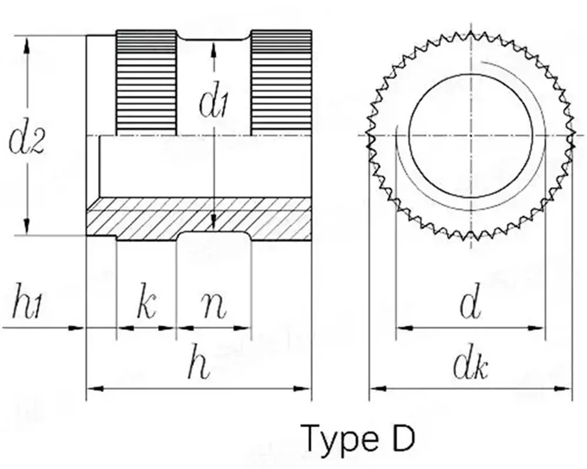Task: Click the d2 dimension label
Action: point(27,141)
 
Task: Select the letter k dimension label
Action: point(146,305)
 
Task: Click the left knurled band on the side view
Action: point(146,83)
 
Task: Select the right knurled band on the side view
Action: point(280,83)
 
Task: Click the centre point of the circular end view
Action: point(470,135)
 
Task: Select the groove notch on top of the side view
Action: point(213,38)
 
